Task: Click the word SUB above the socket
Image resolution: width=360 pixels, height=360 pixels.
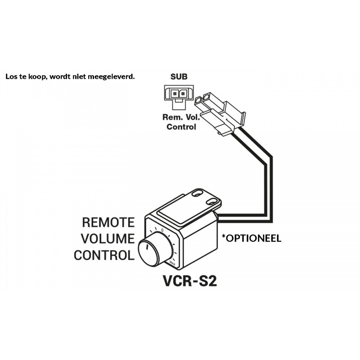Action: (179, 76)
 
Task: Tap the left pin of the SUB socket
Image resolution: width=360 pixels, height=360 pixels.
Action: (175, 94)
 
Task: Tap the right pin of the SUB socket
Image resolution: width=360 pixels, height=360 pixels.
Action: (183, 94)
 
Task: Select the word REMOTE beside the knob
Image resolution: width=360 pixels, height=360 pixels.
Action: (108, 222)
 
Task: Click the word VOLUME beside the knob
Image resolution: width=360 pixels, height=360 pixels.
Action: (108, 238)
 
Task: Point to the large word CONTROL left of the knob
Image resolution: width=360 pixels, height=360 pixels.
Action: (104, 255)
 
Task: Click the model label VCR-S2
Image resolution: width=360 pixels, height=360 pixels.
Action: (189, 280)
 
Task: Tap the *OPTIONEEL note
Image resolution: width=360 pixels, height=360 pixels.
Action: (252, 238)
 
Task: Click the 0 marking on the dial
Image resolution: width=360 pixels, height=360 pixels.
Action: (162, 230)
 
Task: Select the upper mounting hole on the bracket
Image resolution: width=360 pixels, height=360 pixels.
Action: (197, 194)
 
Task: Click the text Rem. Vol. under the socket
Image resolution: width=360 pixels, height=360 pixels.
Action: (181, 117)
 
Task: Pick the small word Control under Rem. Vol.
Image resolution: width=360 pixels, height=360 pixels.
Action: (181, 127)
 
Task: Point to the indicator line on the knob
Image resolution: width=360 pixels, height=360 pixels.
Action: (146, 247)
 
